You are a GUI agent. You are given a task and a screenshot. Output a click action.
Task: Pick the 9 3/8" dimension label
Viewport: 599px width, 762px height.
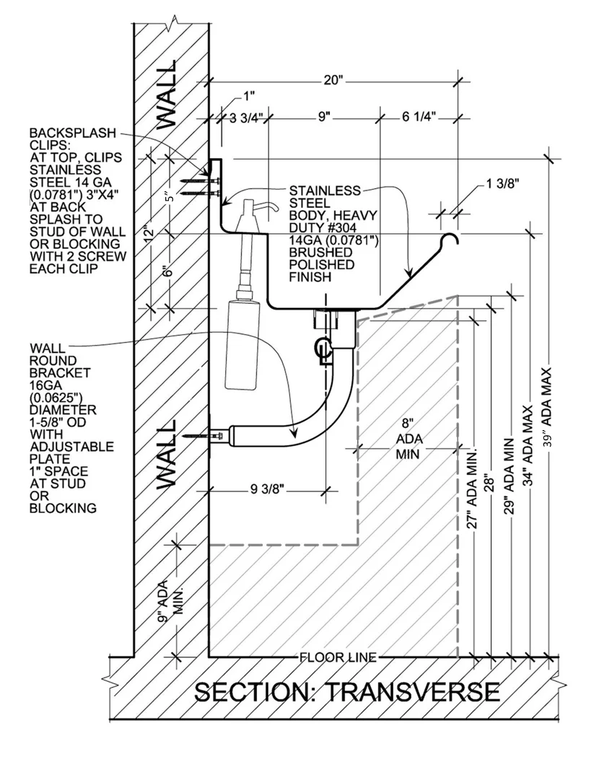coord(264,490)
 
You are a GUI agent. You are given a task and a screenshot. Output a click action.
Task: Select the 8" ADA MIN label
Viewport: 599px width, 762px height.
coord(408,439)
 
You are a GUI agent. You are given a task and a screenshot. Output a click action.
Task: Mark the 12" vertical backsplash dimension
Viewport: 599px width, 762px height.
coord(149,233)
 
